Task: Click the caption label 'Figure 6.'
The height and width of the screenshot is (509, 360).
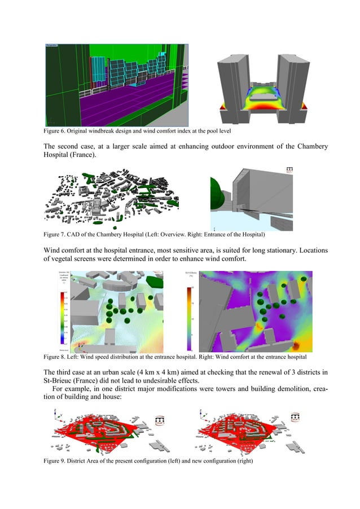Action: [x=55, y=131]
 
